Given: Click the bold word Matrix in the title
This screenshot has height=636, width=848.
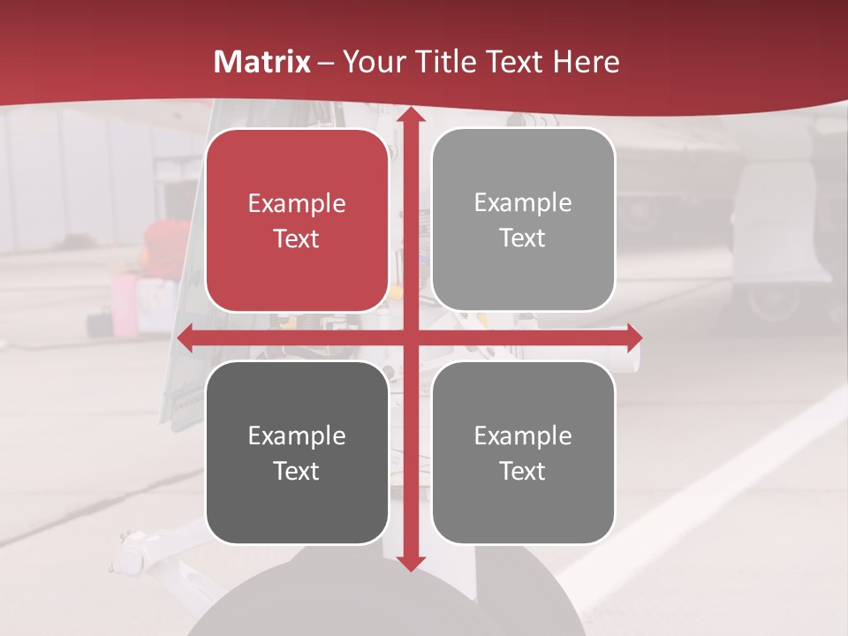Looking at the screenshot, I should (262, 62).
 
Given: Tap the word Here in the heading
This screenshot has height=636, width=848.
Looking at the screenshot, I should (586, 62).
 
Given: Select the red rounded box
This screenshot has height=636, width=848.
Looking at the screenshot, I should (297, 220).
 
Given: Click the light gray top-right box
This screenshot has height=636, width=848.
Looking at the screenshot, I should (523, 220).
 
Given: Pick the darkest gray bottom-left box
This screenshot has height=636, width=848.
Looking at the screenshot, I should (297, 452).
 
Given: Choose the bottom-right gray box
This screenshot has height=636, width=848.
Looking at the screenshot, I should (523, 452).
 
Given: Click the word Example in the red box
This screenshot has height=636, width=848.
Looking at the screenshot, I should (297, 203).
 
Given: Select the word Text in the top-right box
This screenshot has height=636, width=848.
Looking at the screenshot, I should (523, 238).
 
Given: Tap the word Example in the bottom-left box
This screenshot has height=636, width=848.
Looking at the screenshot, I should (297, 435).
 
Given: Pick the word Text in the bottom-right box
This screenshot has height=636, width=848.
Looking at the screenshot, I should (523, 471).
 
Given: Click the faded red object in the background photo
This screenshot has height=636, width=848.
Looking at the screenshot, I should (167, 242).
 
